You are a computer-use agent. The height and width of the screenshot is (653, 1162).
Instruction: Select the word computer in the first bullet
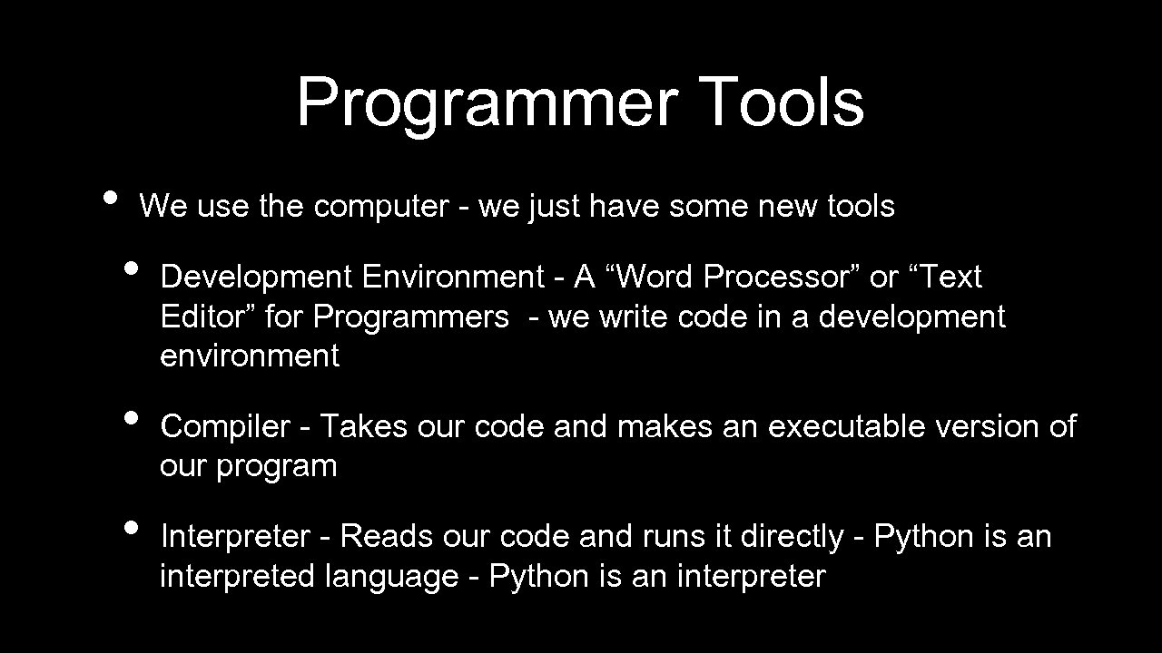pos(381,208)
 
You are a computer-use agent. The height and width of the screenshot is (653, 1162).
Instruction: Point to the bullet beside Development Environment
pos(132,268)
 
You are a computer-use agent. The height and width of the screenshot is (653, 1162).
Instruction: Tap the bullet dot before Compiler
pos(132,418)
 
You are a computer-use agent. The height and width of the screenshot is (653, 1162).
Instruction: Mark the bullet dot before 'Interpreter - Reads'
pos(132,529)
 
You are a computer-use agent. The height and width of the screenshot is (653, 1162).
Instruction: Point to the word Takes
pos(363,425)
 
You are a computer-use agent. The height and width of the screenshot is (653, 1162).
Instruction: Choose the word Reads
pos(388,536)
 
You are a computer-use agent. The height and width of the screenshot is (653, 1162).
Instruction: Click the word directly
pos(793,537)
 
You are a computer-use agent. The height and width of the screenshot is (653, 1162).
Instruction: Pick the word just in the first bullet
pos(555,208)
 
